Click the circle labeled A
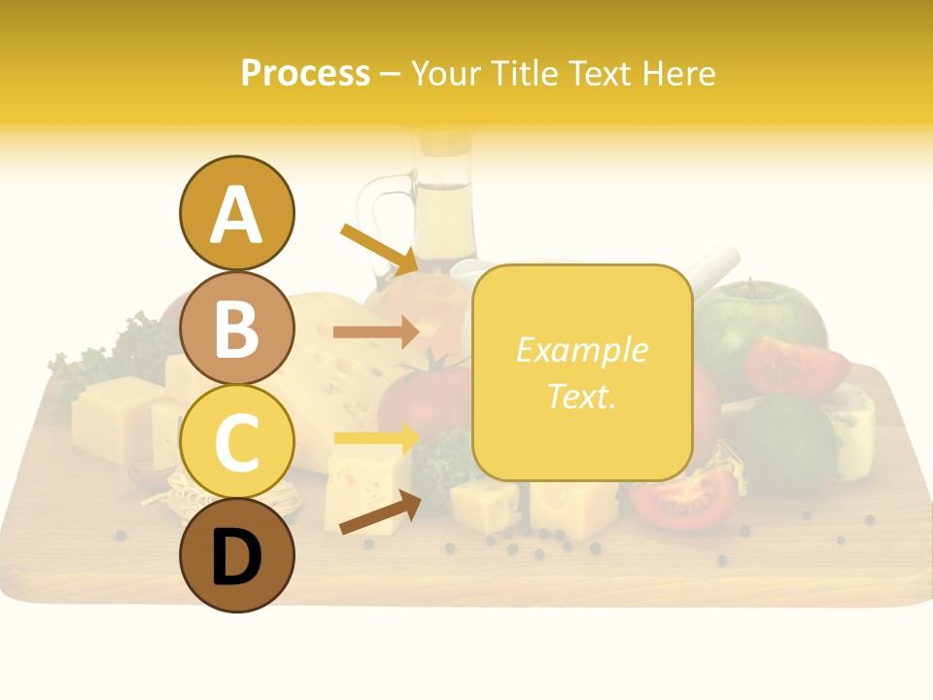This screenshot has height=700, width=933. [x=236, y=213]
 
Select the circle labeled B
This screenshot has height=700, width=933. [x=236, y=329]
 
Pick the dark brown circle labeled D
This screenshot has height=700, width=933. [x=236, y=556]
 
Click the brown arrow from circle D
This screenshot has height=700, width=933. [x=379, y=513]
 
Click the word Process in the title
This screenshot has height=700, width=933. [x=305, y=73]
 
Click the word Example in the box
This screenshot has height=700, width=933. [x=581, y=350]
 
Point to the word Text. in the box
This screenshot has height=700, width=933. [x=581, y=396]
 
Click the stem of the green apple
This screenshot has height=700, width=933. [x=750, y=288]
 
